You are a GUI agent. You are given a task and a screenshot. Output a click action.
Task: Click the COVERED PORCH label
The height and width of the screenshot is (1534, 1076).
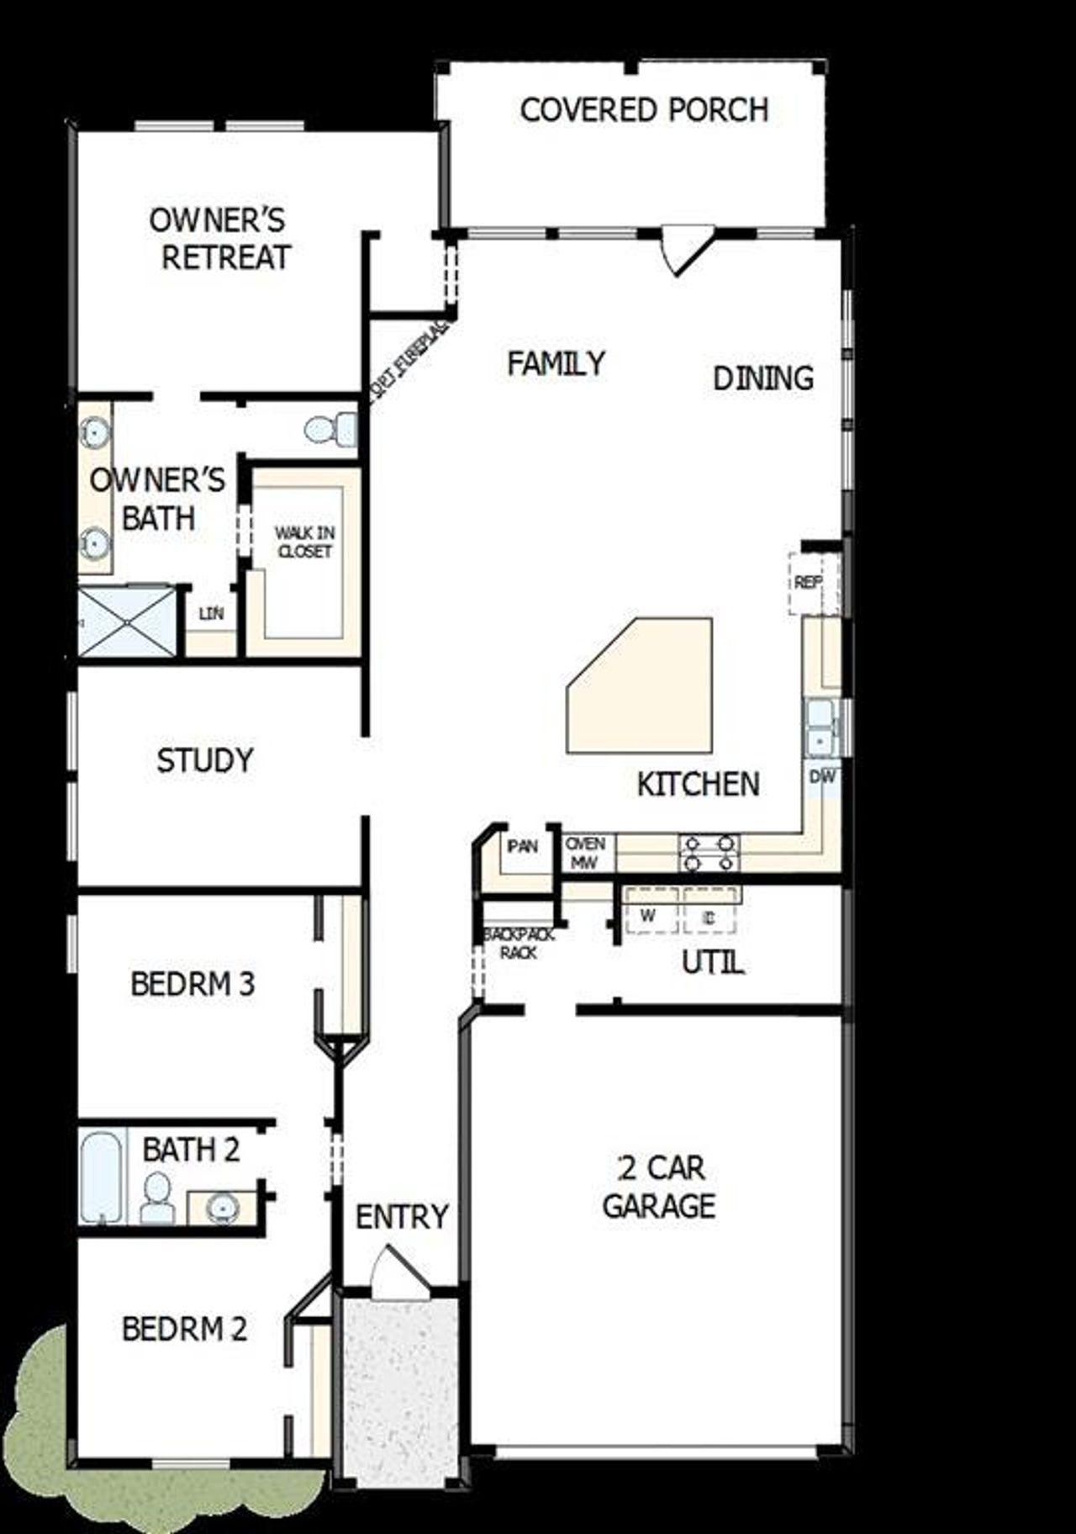(644, 110)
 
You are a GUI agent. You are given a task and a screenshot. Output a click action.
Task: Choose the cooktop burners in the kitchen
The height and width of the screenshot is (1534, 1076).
(709, 852)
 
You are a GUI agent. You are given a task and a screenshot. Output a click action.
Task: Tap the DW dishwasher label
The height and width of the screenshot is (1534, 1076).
(822, 777)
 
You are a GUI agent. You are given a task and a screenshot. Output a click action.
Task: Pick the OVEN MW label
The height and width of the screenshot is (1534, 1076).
(585, 853)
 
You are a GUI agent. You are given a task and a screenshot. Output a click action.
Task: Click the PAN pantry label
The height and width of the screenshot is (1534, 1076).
(522, 847)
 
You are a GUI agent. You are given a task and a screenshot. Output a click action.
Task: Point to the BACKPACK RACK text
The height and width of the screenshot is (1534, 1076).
(518, 944)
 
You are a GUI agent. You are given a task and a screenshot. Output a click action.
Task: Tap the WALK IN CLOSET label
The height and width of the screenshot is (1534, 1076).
(304, 542)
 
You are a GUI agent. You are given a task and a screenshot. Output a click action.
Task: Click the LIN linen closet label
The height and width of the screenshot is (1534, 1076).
(211, 614)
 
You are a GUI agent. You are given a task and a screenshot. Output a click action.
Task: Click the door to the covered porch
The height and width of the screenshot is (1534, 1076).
(683, 250)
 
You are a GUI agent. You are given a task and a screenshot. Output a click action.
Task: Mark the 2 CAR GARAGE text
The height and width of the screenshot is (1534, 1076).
(659, 1187)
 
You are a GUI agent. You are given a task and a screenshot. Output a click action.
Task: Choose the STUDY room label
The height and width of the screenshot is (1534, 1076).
(204, 760)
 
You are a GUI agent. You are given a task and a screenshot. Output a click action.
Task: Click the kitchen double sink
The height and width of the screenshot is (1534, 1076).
(820, 728)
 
